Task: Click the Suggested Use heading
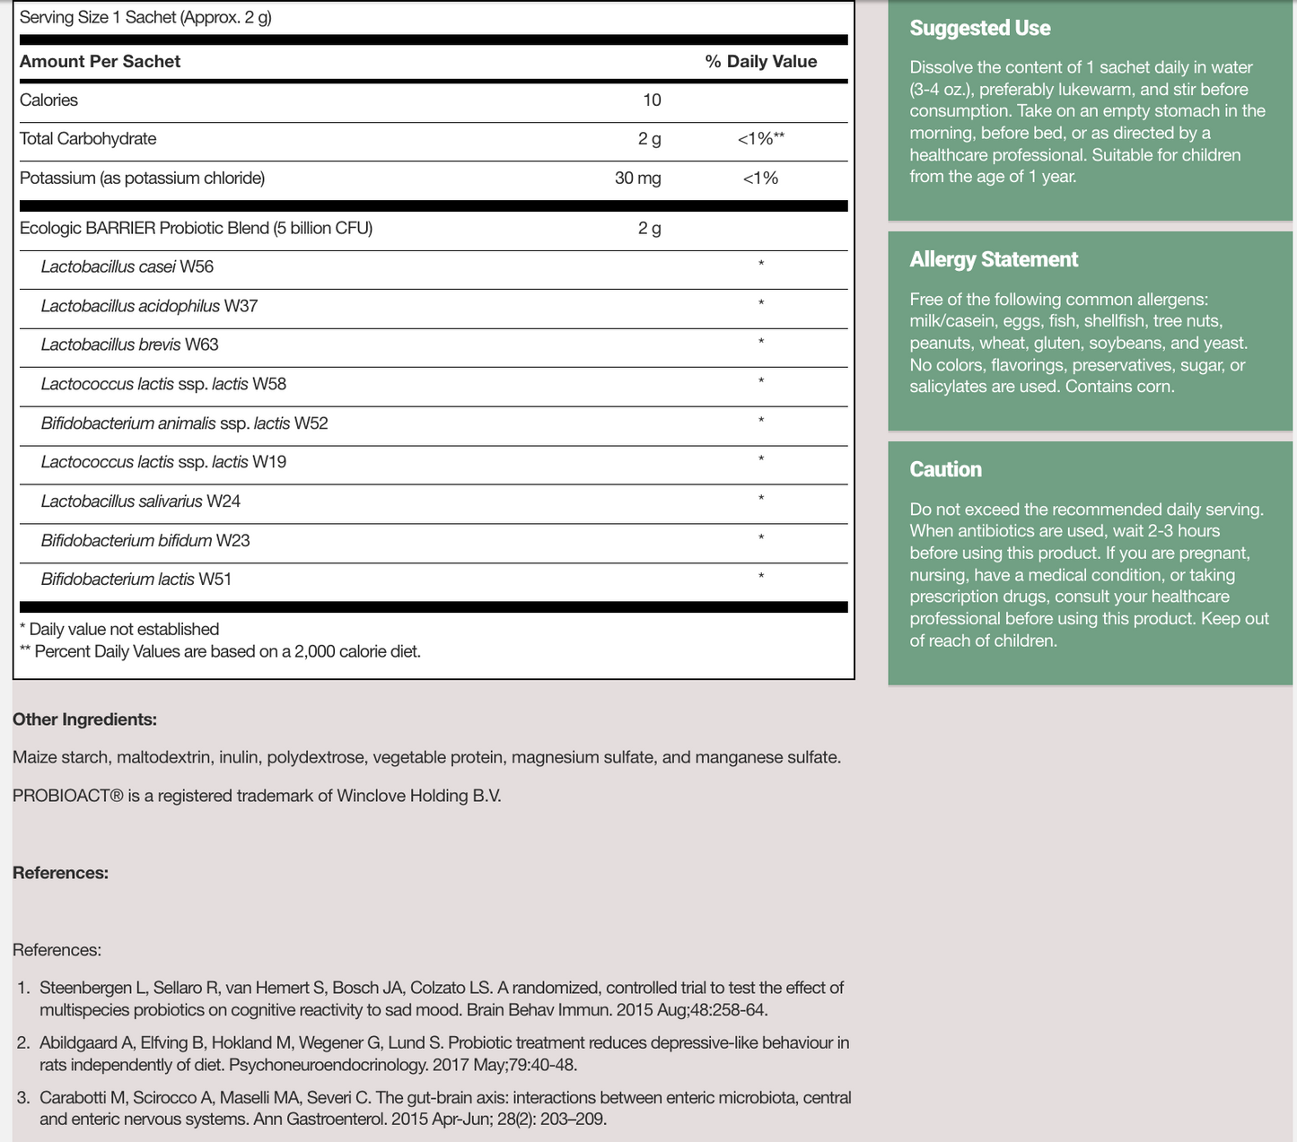click(979, 29)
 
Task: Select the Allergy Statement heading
click(994, 260)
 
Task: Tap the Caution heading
click(945, 470)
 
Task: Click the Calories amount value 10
click(652, 100)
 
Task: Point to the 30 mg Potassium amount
click(637, 179)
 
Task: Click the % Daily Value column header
click(760, 62)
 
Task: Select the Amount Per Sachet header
click(100, 62)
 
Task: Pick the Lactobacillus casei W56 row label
click(127, 267)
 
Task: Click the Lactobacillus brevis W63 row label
click(129, 345)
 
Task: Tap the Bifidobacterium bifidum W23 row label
click(145, 541)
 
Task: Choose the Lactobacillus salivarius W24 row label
click(140, 501)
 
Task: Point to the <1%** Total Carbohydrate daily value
click(760, 139)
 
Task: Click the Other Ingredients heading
click(84, 719)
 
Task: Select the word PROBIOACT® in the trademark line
click(67, 796)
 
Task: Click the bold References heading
click(60, 873)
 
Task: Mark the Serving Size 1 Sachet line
click(145, 18)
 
